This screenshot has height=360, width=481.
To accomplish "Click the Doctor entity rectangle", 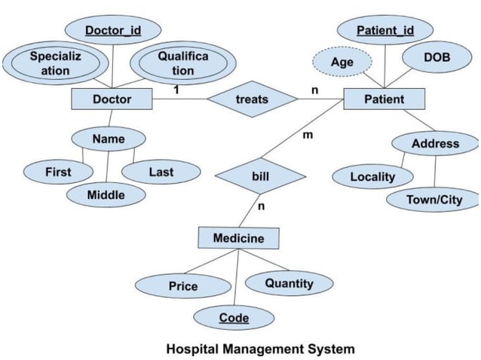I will pos(112,99).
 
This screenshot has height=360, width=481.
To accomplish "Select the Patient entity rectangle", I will pos(384,99).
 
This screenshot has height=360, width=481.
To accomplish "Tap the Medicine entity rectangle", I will pos(238,238).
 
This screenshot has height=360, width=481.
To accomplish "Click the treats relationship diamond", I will pos(251,99).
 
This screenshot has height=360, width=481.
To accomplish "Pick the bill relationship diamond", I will pos(260,176).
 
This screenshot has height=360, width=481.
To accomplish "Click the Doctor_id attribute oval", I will pos(112,31).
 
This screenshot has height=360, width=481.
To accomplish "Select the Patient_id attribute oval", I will pos(384,31).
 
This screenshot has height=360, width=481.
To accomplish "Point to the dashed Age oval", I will pos(342,63).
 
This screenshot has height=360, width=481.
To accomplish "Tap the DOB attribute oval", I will pos(437,57).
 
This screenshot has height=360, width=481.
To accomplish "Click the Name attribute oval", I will pos(109,139).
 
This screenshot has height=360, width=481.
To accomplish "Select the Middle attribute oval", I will pos(106,195).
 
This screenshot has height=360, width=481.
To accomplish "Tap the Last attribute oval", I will pos(161,172).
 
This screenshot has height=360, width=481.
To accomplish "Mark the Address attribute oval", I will pos(435,143).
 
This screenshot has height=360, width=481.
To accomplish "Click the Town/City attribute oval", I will pos(434,200).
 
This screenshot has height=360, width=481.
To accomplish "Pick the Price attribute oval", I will pos(183,286).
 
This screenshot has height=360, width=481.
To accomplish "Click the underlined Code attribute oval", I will pos(234,318).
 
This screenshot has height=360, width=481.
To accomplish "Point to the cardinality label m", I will pos(307,136).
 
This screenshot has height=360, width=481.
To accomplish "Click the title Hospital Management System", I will pos(259,349).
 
